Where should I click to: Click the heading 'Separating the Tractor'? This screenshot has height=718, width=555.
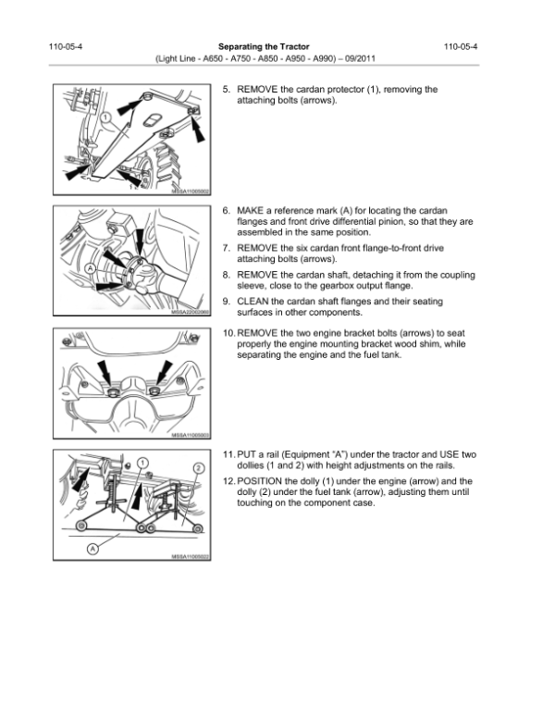click(263, 45)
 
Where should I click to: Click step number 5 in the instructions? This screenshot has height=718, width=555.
click(227, 90)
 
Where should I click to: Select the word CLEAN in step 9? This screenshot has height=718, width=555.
click(254, 302)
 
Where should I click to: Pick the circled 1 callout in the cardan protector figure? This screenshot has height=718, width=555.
click(106, 118)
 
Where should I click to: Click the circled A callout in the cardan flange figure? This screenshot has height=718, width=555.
click(90, 268)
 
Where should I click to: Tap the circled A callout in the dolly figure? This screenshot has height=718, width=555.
click(92, 548)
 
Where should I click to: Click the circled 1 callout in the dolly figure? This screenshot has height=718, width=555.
click(143, 462)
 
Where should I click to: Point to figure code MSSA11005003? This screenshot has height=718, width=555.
click(191, 435)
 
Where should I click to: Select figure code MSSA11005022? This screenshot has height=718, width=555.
click(191, 556)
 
